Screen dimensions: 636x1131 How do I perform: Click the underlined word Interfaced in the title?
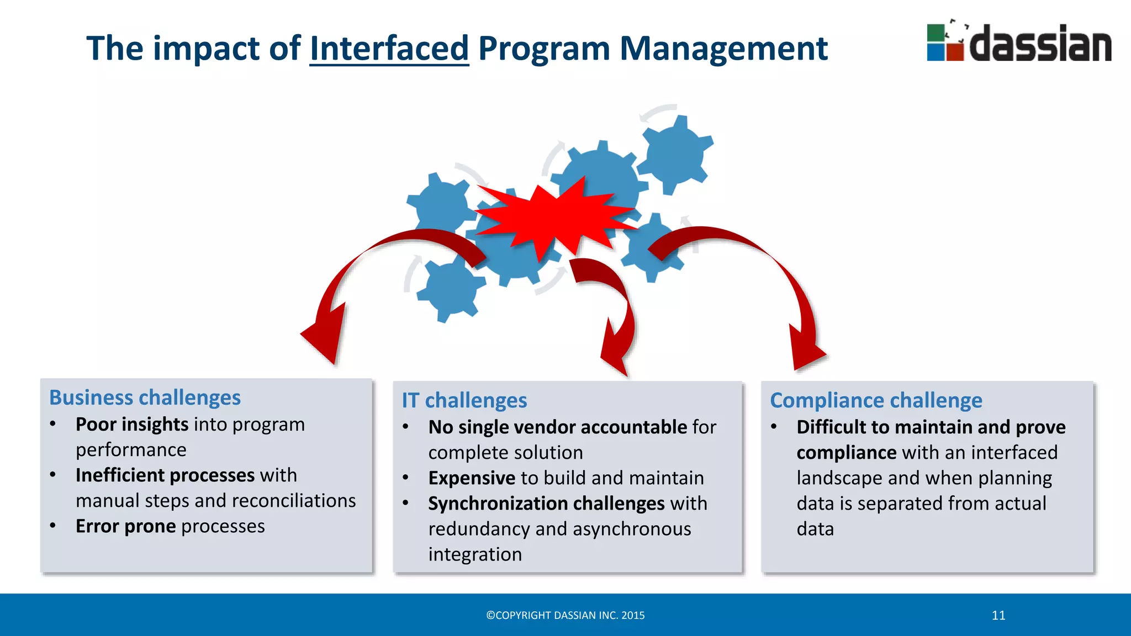coord(389,49)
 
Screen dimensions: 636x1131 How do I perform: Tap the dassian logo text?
coord(1040,44)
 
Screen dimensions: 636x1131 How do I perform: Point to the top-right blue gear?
coord(675,153)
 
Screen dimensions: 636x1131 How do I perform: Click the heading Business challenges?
coord(145,397)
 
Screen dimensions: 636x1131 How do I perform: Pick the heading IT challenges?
coord(464,400)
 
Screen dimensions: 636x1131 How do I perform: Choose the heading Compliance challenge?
coord(876,400)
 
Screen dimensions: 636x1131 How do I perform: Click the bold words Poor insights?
coord(132,424)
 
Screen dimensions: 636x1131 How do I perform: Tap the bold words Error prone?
coord(125,526)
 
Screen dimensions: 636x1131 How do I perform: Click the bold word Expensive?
coord(472,478)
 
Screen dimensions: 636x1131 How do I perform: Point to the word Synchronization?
coord(491,503)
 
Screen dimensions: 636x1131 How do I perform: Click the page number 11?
coord(998,616)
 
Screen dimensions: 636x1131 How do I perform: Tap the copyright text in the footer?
coord(565,616)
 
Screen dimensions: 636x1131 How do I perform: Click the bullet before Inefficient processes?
coord(53,475)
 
